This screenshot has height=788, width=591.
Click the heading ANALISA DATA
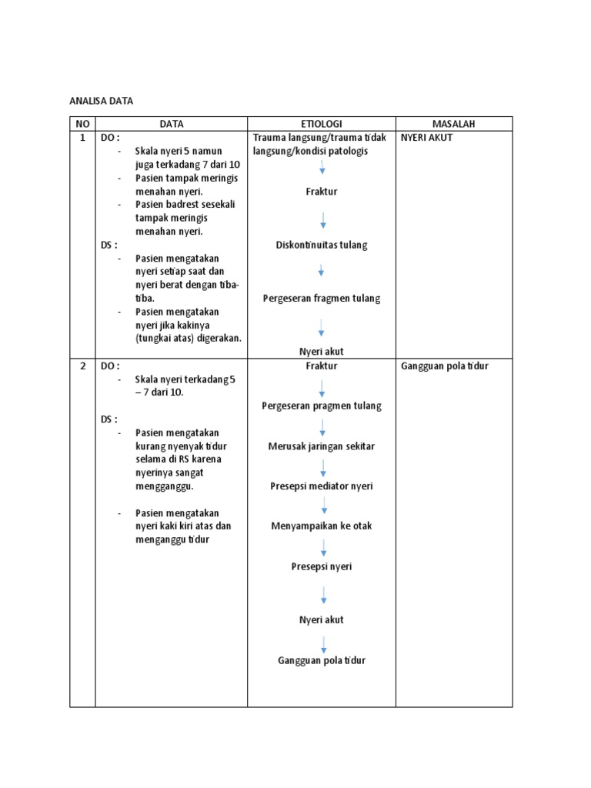[x=101, y=100]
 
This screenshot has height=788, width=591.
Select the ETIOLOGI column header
[x=321, y=124]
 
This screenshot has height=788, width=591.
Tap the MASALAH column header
[x=453, y=124]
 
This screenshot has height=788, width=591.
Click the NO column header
[x=82, y=124]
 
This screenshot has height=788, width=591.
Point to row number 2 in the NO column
[x=82, y=366]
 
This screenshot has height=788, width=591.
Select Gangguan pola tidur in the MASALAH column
[x=445, y=366]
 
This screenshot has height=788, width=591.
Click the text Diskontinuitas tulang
[x=322, y=245]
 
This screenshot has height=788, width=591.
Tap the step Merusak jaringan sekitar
[x=322, y=446]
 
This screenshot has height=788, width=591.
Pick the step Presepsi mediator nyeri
[x=322, y=486]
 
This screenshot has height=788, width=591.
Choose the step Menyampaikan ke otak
[x=322, y=526]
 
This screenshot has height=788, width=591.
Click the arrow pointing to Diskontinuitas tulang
[x=322, y=221]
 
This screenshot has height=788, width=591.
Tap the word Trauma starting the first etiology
[x=268, y=138]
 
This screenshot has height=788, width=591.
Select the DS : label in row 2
[x=109, y=419]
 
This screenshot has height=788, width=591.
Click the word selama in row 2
[x=149, y=459]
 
